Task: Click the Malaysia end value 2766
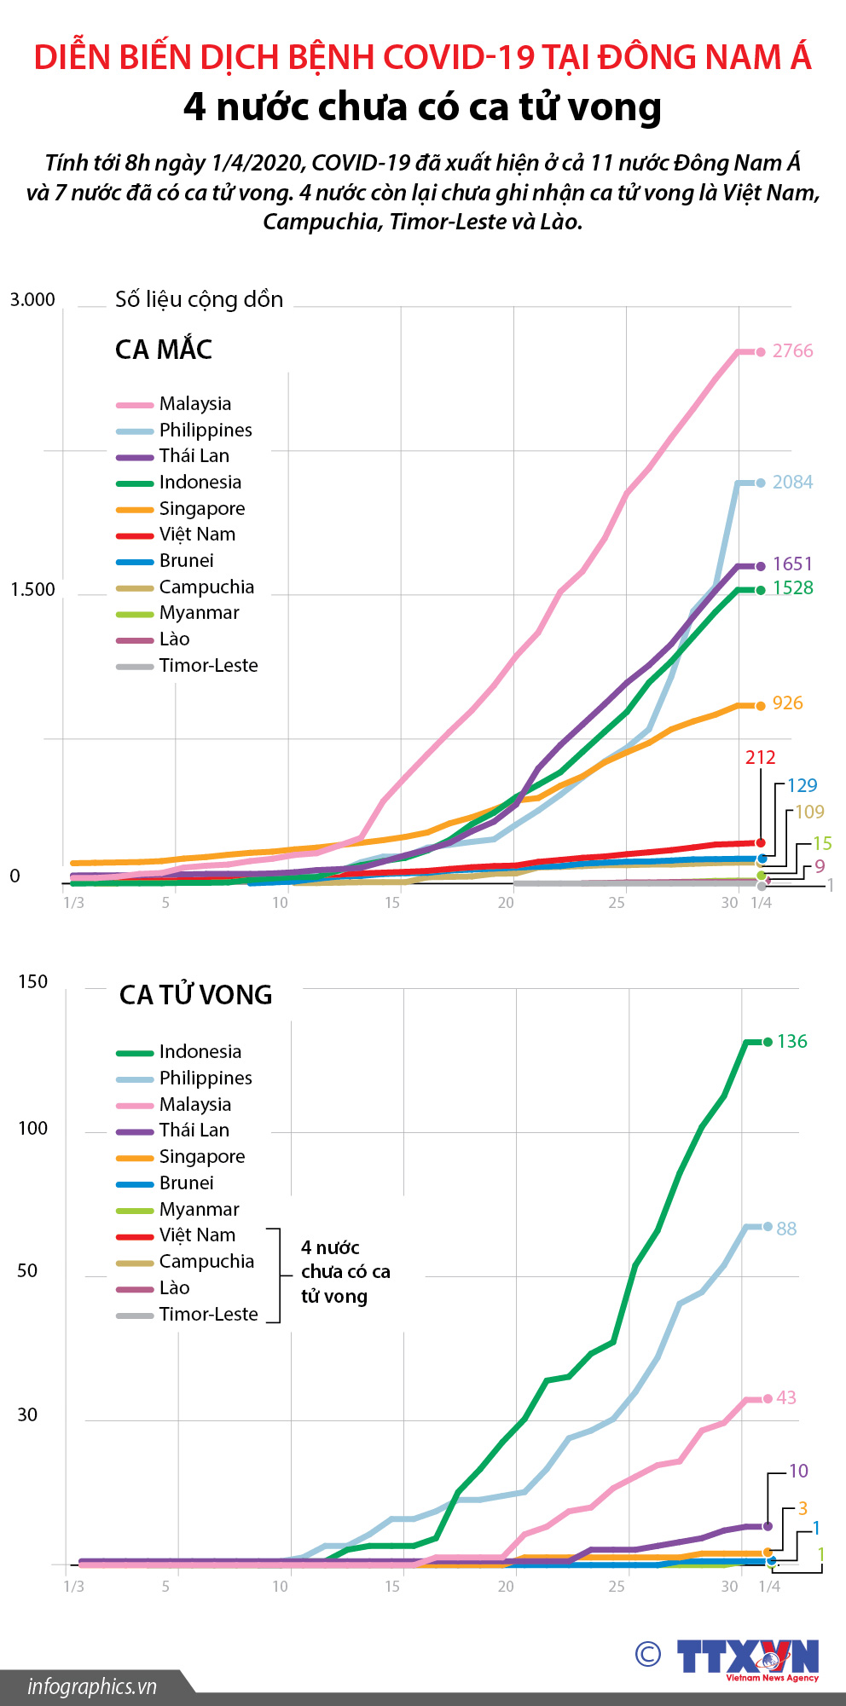pyautogui.click(x=792, y=351)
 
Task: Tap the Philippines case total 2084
pyautogui.click(x=792, y=483)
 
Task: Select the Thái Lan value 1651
pyautogui.click(x=792, y=564)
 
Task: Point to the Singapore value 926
pyautogui.click(x=787, y=703)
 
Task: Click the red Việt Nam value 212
pyautogui.click(x=760, y=758)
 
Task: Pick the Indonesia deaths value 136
pyautogui.click(x=791, y=1042)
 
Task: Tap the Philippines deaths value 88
pyautogui.click(x=786, y=1229)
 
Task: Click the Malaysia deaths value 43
pyautogui.click(x=786, y=1398)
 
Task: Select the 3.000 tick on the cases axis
pyautogui.click(x=32, y=300)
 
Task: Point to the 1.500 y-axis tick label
pyautogui.click(x=32, y=590)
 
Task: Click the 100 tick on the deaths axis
pyautogui.click(x=32, y=1129)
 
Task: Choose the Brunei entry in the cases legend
pyautogui.click(x=186, y=561)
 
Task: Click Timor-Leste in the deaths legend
pyautogui.click(x=208, y=1315)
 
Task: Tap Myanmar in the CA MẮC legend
pyautogui.click(x=199, y=613)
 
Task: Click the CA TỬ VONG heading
pyautogui.click(x=195, y=995)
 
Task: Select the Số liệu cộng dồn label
pyautogui.click(x=199, y=300)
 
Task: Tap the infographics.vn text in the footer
pyautogui.click(x=92, y=1686)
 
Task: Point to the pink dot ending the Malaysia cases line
pyautogui.click(x=761, y=352)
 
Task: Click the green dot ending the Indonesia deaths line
pyautogui.click(x=768, y=1042)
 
